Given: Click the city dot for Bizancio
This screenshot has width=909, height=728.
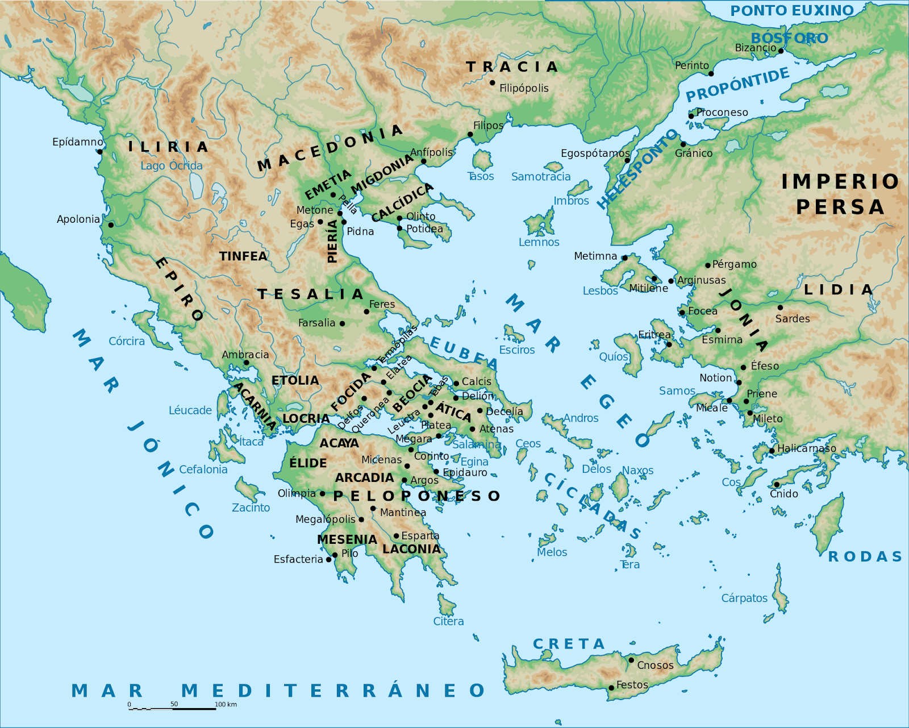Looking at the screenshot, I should click(781, 51).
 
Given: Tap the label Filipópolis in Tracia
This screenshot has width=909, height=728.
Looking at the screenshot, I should click(524, 88).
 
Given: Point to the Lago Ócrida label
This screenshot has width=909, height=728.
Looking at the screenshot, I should click(171, 165).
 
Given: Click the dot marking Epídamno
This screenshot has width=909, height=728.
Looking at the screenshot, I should click(99, 151).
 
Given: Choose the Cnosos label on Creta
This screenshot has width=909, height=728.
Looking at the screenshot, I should click(655, 665).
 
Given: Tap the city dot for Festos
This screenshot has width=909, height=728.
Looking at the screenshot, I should click(611, 688).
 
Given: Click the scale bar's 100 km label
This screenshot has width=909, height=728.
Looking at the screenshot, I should click(226, 704).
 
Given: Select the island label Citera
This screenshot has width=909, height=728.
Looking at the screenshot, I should click(448, 621).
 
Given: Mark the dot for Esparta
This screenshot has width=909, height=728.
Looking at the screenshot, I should click(396, 536).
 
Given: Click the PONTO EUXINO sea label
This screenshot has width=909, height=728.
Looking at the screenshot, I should click(791, 11).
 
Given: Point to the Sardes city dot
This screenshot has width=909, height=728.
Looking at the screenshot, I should click(780, 307).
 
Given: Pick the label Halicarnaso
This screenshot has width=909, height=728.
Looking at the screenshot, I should click(806, 448).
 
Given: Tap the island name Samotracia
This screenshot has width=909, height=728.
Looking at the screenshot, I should click(540, 177).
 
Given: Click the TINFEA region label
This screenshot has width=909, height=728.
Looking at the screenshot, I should click(243, 256).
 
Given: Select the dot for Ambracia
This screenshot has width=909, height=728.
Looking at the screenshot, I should click(246, 363).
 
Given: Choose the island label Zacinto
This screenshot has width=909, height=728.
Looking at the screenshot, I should click(251, 507).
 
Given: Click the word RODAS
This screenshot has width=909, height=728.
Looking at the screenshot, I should click(865, 556).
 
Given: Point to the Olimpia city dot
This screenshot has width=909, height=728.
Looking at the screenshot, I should click(322, 493).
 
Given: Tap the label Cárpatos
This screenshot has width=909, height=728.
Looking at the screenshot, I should click(744, 598).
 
